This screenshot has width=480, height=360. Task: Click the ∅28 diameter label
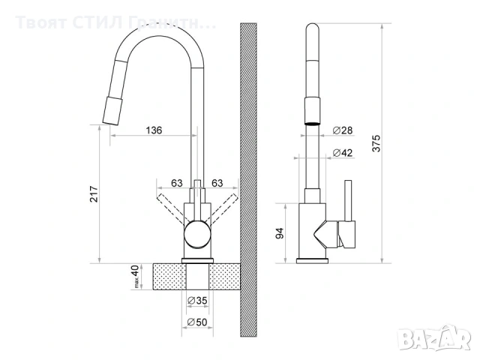(342, 130)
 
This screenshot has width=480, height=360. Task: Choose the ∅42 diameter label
(342, 154)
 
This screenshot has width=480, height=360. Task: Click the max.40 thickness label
(136, 276)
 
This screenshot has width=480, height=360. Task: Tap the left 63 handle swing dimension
(178, 183)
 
